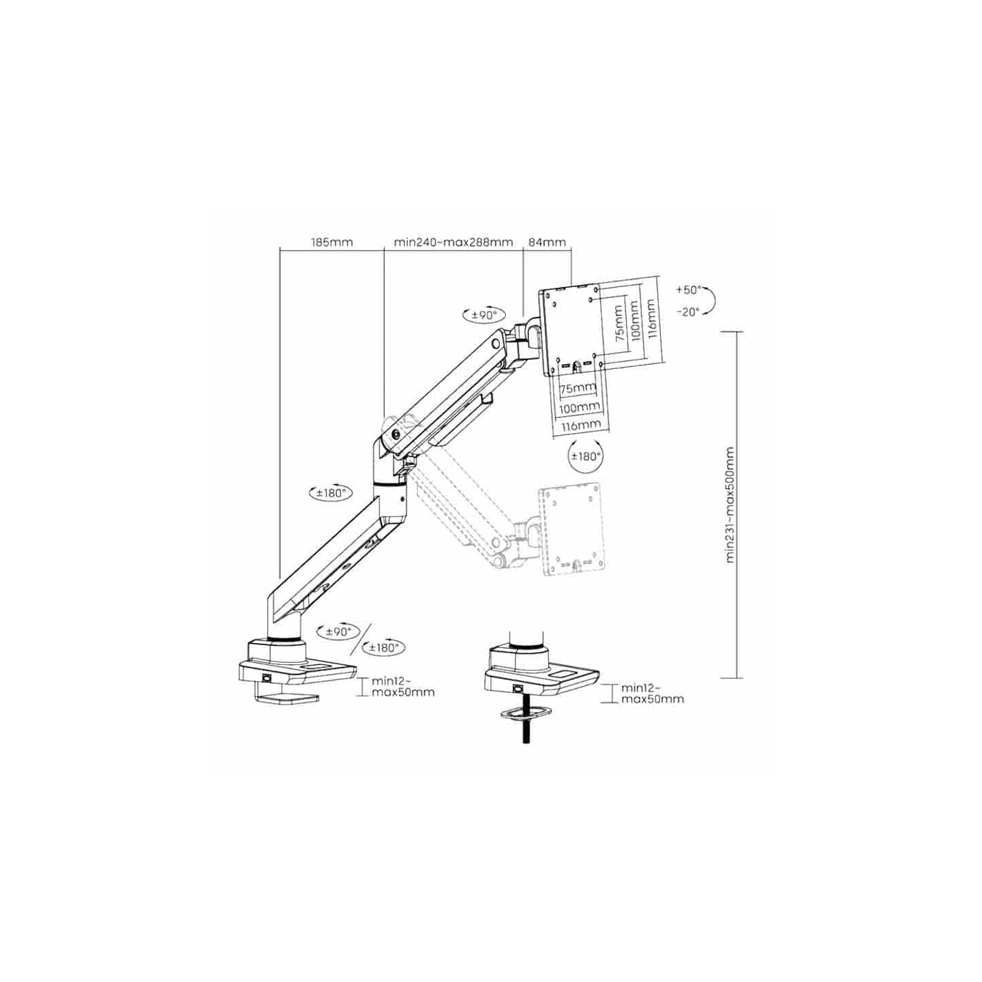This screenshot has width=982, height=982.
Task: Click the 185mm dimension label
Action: (x=332, y=242)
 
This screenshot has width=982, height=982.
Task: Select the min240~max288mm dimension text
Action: (x=453, y=242)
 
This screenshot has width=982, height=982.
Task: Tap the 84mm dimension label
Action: (x=547, y=242)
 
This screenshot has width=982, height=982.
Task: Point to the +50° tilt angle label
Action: (x=688, y=290)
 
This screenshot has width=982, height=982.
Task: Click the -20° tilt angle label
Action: (x=688, y=312)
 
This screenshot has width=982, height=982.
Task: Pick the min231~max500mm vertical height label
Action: (x=730, y=505)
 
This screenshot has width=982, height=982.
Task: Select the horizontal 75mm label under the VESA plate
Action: (x=577, y=389)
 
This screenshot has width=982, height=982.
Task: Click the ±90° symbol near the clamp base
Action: (x=338, y=631)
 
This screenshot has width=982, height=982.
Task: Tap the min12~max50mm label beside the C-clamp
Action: (x=402, y=687)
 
